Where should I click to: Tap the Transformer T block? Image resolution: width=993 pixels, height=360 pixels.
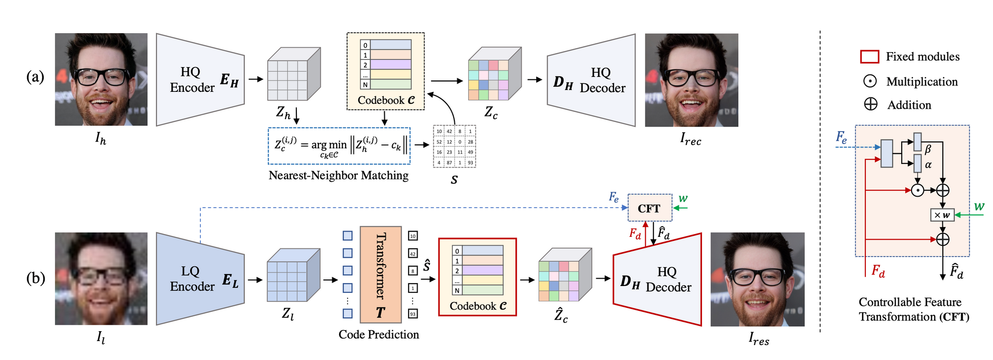point(380,275)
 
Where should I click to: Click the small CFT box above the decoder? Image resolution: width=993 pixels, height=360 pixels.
point(649,208)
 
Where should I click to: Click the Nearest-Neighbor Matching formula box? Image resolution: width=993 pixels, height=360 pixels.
point(339,145)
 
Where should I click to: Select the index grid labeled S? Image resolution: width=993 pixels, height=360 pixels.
point(454,146)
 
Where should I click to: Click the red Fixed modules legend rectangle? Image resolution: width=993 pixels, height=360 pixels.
point(869,57)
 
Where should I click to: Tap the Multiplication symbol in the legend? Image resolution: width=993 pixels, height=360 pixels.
point(870,81)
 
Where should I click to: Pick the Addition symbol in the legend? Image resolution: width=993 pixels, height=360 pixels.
point(870,104)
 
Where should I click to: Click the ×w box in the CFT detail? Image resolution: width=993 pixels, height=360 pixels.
point(942,215)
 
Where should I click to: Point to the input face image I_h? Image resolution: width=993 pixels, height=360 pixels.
point(101,79)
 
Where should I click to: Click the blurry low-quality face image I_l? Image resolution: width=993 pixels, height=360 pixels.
point(101,279)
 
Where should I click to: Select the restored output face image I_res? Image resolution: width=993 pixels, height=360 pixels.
point(757,279)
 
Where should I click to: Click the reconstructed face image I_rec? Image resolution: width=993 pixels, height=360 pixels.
point(691,80)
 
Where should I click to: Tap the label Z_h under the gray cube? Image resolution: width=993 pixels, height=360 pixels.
point(283,114)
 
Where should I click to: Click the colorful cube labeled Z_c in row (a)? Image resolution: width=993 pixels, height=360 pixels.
point(494,74)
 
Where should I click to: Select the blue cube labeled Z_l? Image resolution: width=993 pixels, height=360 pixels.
point(293,276)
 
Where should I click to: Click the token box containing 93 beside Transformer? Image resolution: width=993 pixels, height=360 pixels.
point(413,314)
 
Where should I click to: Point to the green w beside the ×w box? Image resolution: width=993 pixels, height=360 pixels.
point(979,206)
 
